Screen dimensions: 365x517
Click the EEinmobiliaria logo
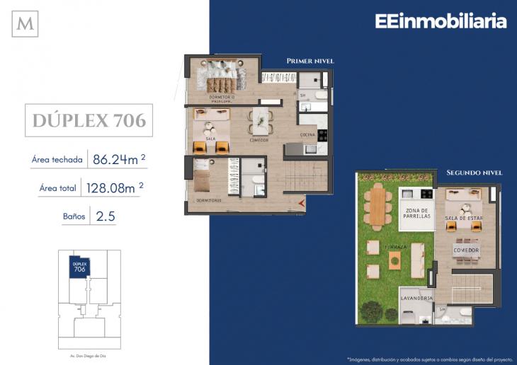point(441,21)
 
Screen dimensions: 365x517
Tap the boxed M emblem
point(25,23)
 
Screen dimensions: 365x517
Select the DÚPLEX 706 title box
point(89,120)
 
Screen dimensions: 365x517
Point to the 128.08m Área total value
point(116,189)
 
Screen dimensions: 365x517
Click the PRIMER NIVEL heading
point(310,62)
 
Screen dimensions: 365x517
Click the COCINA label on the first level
point(307,134)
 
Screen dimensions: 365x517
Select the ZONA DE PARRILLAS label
point(417,214)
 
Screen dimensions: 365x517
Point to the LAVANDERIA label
point(416,299)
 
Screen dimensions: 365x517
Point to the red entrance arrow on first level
point(302,204)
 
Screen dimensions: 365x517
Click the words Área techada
point(57,160)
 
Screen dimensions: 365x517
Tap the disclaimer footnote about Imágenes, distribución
point(428,358)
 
